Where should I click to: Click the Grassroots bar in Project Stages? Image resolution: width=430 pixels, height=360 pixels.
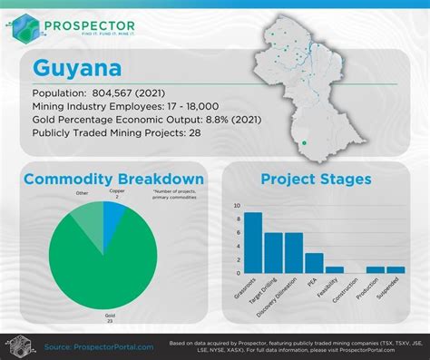click(253, 243)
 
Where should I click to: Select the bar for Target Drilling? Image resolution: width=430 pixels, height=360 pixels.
click(273, 253)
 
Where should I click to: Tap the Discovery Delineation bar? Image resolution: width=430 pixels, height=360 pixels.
click(293, 253)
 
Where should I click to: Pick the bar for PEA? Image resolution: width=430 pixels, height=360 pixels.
click(314, 263)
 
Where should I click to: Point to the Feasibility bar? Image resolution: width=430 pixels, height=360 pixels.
click(334, 269)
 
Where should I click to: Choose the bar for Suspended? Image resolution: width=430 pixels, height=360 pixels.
click(396, 269)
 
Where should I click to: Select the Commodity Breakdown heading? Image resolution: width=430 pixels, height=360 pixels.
click(113, 179)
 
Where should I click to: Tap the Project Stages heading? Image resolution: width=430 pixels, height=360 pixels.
click(315, 179)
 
